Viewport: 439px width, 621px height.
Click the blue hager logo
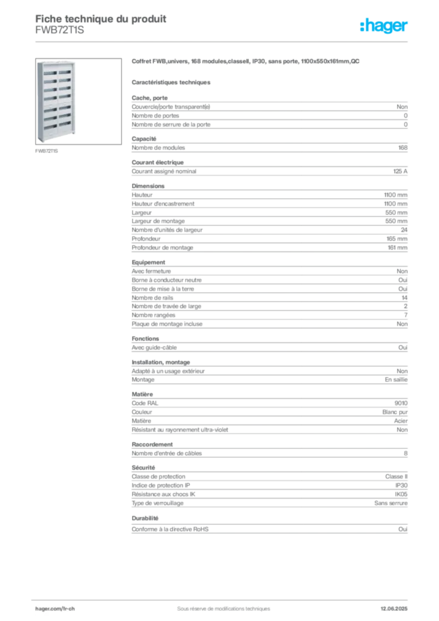click(384, 27)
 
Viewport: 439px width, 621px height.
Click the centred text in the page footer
click(218, 605)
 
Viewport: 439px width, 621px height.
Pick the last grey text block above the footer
click(269, 526)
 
